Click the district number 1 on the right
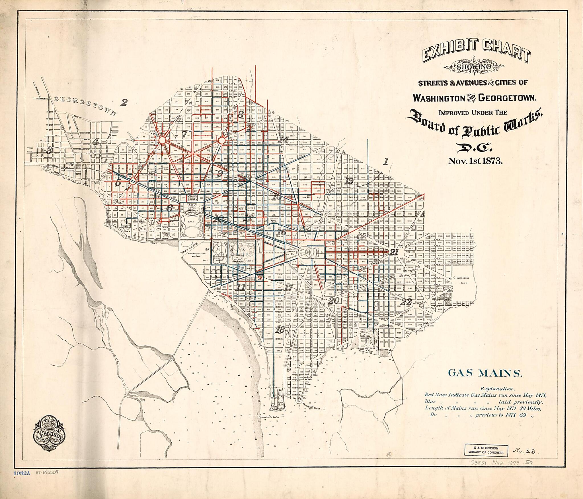click(x=386, y=162)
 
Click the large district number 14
click(x=284, y=140)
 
